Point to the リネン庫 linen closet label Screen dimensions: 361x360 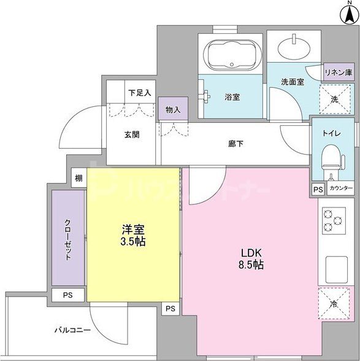[x=339, y=72]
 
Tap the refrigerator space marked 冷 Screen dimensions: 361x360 [x=335, y=303]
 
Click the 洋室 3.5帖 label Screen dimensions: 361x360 [x=133, y=235]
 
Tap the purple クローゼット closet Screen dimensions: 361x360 [x=68, y=239]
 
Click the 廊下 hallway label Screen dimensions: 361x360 [x=236, y=143]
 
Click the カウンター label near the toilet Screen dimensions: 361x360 [x=341, y=189]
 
